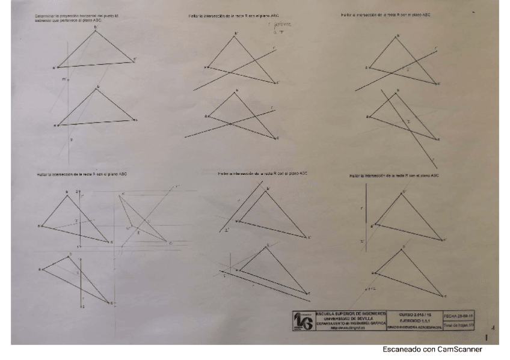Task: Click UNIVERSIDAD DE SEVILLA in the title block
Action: (345, 318)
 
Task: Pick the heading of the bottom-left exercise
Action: (82, 174)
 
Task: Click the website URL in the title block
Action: (345, 328)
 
